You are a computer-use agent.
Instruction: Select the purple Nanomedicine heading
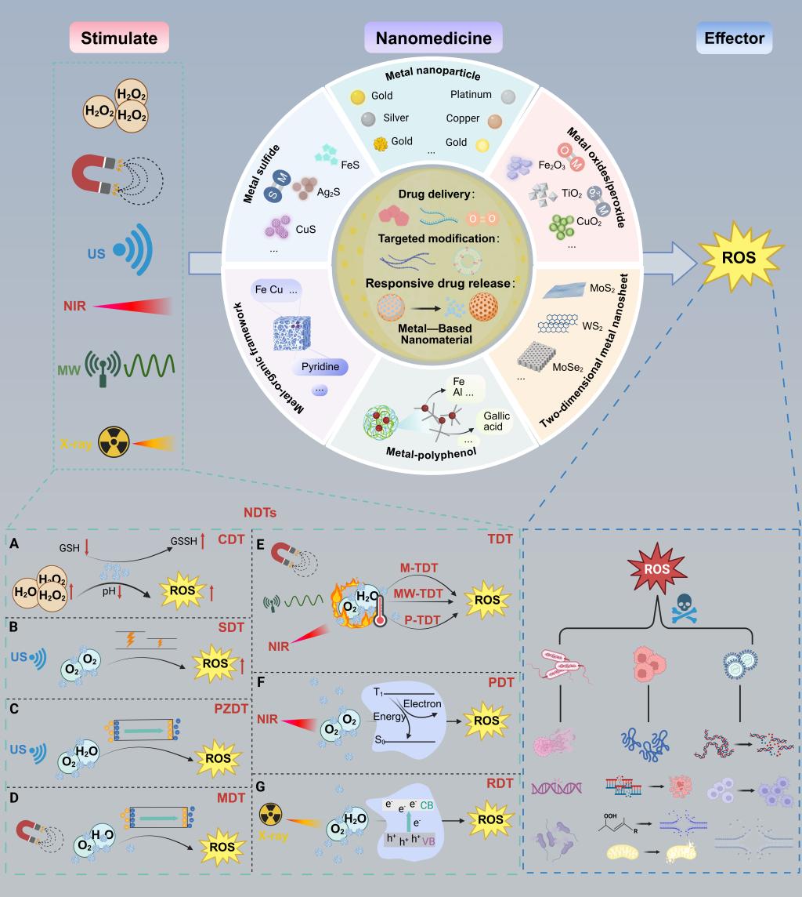pos(433,38)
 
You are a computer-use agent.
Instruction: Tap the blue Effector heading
pos(735,38)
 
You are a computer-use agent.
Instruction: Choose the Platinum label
pos(471,95)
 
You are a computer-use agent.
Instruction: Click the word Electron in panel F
pos(422,703)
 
